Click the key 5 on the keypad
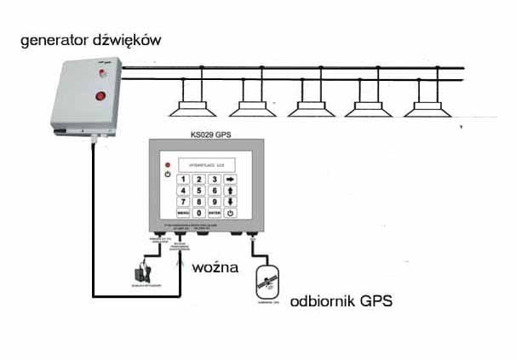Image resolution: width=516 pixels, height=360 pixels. (x=199, y=191)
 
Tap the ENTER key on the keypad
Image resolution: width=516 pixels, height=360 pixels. (x=215, y=212)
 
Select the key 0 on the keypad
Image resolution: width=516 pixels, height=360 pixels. (x=199, y=212)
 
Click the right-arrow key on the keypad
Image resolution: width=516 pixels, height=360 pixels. (x=230, y=179)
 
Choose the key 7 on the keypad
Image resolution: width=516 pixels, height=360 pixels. (x=183, y=202)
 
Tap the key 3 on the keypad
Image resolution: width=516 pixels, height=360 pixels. (x=215, y=179)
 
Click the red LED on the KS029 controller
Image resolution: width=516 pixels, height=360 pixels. (x=169, y=163)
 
